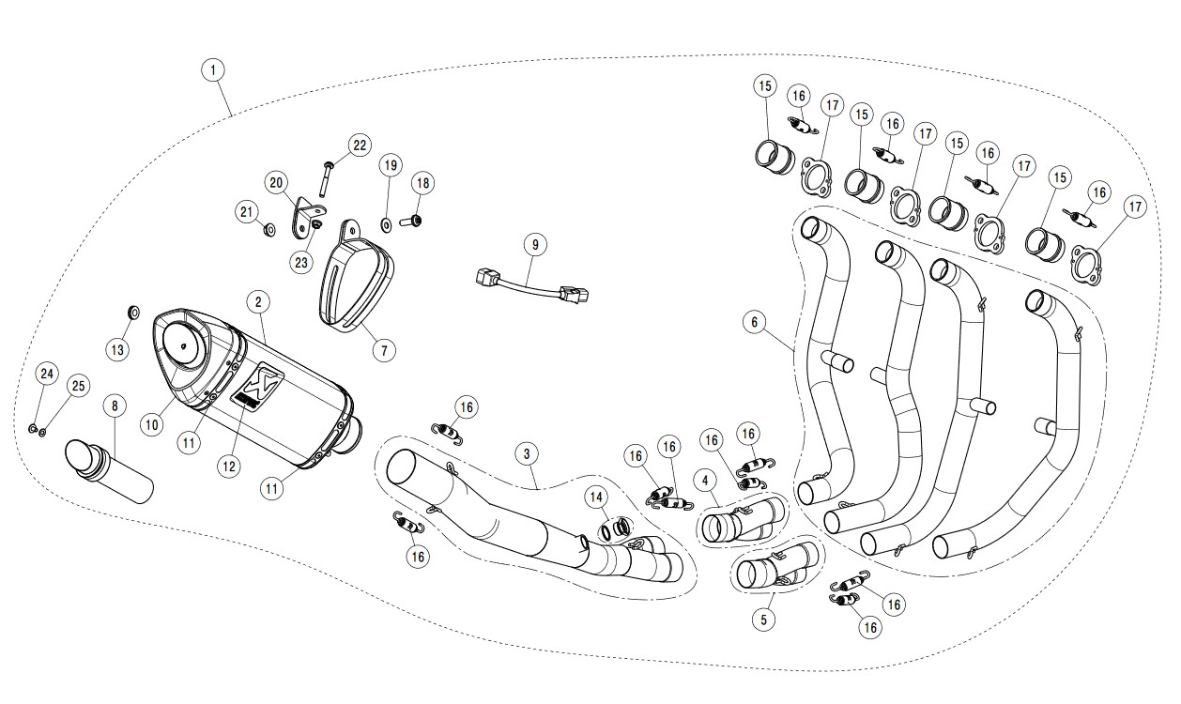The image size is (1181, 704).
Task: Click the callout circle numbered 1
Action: [x=215, y=69]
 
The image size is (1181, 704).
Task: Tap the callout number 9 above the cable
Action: [x=534, y=245]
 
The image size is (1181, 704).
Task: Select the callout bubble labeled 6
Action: [x=754, y=322]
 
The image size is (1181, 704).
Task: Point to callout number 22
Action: [x=359, y=145]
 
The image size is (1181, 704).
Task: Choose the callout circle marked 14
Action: [x=596, y=496]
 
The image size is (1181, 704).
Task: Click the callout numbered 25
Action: [x=78, y=386]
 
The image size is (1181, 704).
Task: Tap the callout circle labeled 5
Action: [x=764, y=620]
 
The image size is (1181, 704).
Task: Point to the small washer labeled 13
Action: [x=132, y=311]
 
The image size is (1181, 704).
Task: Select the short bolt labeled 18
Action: [x=413, y=222]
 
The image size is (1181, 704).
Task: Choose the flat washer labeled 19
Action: [x=386, y=224]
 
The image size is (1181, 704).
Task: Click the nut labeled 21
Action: [x=268, y=228]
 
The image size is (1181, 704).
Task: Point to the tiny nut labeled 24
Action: [x=33, y=429]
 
